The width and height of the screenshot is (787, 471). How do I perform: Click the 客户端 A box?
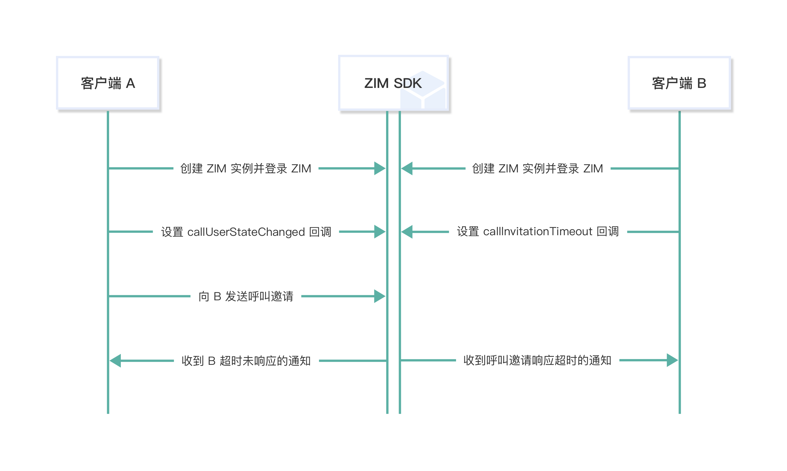(x=108, y=83)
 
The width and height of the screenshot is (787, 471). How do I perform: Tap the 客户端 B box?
(x=679, y=83)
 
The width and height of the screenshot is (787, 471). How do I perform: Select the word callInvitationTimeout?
(x=537, y=232)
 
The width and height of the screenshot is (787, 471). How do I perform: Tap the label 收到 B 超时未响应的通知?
(x=246, y=361)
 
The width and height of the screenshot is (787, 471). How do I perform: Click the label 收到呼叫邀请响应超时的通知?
(x=537, y=360)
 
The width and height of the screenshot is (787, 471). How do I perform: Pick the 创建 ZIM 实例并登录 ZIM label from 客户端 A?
(x=246, y=168)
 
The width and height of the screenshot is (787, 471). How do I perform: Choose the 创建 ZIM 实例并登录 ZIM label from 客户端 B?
(x=537, y=168)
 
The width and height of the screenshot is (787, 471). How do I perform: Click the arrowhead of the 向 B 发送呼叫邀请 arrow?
(x=380, y=296)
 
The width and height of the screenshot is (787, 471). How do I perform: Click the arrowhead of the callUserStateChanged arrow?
(x=380, y=232)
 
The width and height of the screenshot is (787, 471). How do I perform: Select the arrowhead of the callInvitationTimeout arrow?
(x=407, y=232)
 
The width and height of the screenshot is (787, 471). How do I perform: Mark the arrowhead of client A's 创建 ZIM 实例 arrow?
(x=380, y=168)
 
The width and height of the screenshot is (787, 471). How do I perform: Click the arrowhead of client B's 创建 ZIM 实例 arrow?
(x=407, y=168)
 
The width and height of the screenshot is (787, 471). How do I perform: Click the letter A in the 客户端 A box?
(x=131, y=83)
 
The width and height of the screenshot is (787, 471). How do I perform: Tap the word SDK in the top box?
(x=407, y=83)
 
